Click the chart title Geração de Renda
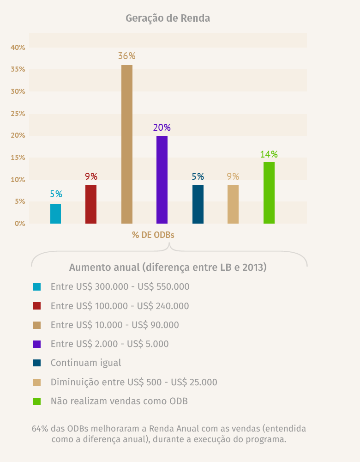coord(168,18)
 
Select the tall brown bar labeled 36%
coord(127,144)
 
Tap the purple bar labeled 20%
coord(162,180)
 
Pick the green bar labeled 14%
coord(269,193)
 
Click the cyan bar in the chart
coord(56,214)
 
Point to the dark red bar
coord(91,204)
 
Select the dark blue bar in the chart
coord(198,204)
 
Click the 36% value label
coord(126,56)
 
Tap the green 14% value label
coord(269,154)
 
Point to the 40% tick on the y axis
coord(18,48)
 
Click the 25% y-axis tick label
coord(18,114)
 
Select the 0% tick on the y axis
coord(20,224)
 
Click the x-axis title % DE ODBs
coord(153,235)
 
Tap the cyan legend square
coord(37,287)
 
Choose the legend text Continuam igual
coord(86,363)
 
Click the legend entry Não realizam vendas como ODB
coord(119,401)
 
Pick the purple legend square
coord(37,344)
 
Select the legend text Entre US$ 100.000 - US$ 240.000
coord(120,306)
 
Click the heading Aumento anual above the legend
coord(168,267)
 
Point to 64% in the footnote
coord(40,428)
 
